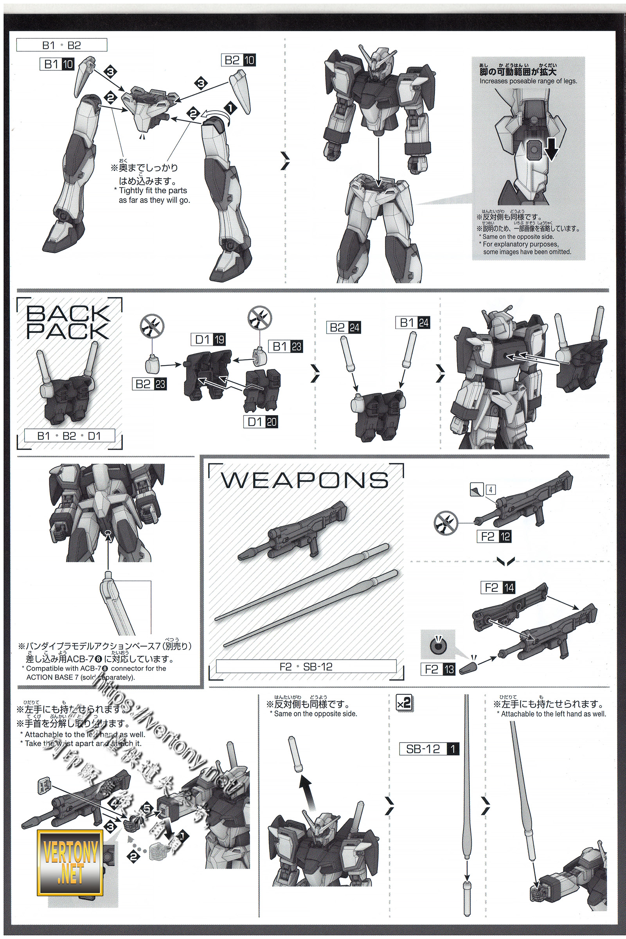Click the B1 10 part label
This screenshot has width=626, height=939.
pos(57,64)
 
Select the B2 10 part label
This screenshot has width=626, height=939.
pos(238,60)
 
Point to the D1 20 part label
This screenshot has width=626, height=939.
pos(261,422)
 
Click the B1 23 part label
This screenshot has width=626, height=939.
pos(286,346)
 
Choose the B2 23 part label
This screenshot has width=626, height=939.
pos(149,384)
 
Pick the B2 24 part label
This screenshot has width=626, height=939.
pos(344,327)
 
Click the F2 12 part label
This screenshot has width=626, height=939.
pos(494,536)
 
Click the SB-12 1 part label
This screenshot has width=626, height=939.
pos(429,748)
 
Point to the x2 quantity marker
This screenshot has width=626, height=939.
pos(404,703)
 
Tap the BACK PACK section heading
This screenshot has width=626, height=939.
pos(68,322)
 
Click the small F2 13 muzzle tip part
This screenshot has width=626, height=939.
pos(467,667)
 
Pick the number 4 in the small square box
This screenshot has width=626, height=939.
pos(490,489)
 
